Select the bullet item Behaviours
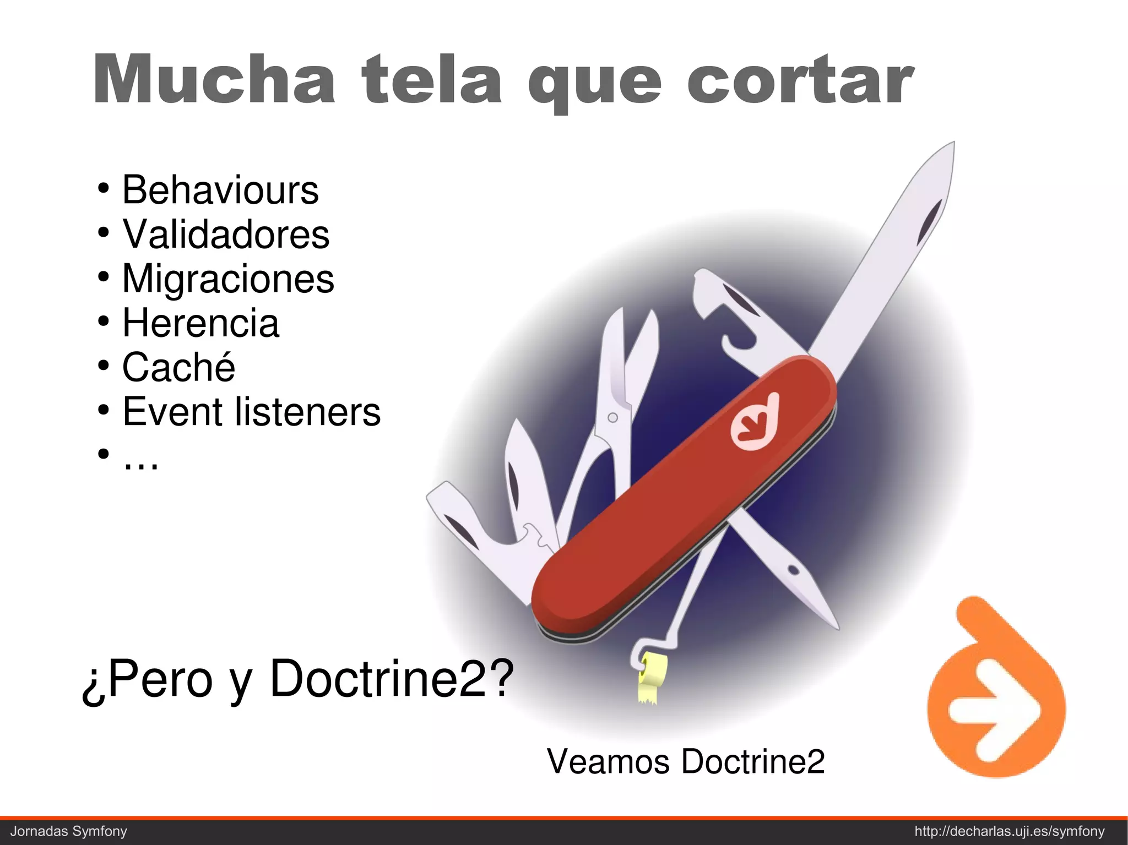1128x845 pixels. point(220,190)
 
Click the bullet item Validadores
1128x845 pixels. point(225,235)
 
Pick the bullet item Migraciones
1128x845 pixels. point(227,279)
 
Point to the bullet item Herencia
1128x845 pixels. point(200,323)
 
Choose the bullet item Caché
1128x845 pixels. point(178,367)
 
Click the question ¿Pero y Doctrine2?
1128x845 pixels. point(297,679)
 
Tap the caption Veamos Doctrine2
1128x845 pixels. point(685,761)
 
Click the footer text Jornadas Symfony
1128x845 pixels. point(69,831)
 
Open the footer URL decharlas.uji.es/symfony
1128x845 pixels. point(1010,831)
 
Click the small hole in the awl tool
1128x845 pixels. point(793,569)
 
